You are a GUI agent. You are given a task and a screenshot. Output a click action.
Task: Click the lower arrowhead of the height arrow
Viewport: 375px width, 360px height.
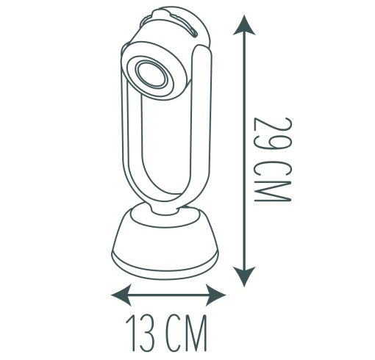coord(244,276)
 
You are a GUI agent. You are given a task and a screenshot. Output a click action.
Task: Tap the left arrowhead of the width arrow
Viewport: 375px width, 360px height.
coord(121,295)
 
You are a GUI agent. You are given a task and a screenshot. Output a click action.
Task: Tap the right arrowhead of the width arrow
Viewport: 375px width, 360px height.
coord(215,295)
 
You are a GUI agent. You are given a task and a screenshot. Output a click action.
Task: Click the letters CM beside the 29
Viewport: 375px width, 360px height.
coord(273,181)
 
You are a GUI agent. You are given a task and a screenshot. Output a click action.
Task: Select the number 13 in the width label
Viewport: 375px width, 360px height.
coord(141,333)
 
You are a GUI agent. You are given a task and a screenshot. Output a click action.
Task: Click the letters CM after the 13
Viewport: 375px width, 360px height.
coord(185,333)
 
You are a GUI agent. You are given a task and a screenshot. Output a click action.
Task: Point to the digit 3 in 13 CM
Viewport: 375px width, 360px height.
coord(148,333)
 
